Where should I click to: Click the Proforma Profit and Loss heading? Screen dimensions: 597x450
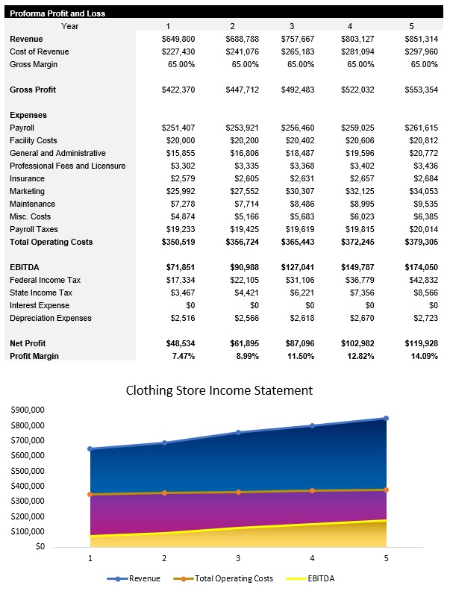[57, 13]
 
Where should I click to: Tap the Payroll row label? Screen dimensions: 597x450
[22, 128]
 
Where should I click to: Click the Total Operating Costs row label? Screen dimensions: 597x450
[51, 242]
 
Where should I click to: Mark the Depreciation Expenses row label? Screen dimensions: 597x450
[51, 318]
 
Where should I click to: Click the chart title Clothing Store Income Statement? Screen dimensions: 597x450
[219, 390]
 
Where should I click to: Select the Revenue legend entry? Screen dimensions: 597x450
[140, 578]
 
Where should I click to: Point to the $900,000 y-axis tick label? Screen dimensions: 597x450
[27, 410]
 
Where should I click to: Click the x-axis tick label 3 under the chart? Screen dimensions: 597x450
[238, 557]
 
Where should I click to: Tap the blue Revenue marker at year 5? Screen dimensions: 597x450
[387, 418]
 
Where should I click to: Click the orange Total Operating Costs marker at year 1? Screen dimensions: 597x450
[90, 494]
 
